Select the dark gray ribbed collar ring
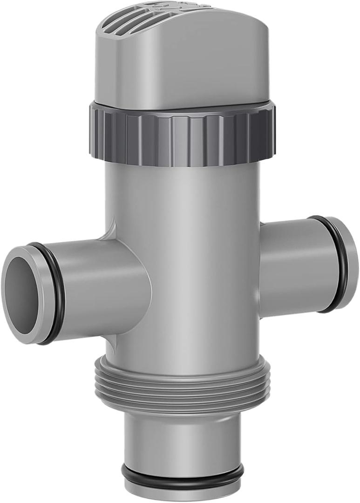point(182,135)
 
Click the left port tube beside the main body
point(102,286)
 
